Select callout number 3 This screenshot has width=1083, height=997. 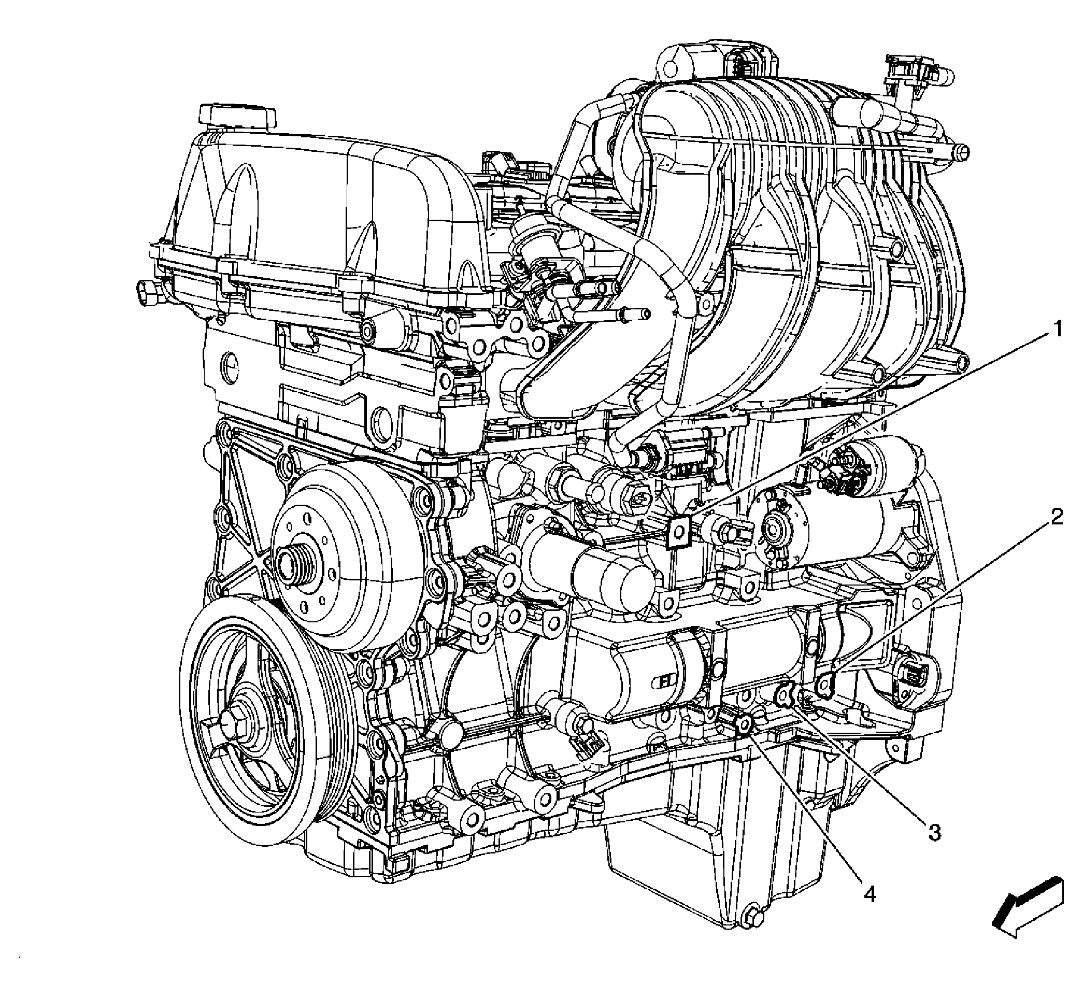[934, 831]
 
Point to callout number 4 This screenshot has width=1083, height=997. [870, 894]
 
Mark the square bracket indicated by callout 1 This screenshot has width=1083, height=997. [678, 532]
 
